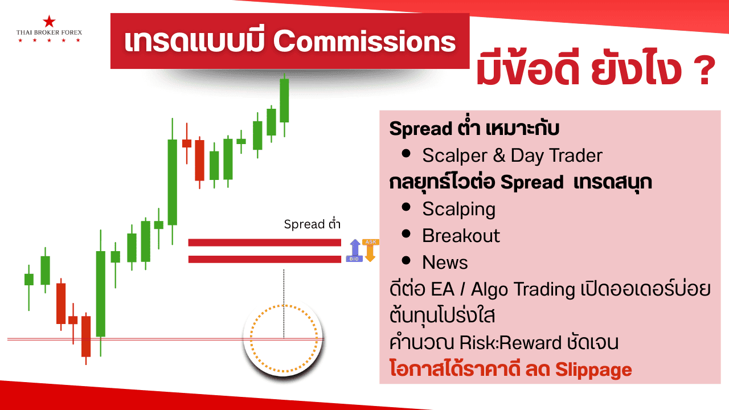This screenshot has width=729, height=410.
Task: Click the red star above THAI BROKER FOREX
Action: (49, 22)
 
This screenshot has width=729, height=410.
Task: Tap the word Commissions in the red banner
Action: (364, 42)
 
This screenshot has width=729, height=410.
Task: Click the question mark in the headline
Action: (703, 70)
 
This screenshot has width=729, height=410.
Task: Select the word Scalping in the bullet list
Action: (459, 209)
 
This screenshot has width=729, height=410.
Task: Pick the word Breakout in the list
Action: (461, 236)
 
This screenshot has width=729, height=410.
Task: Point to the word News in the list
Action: (445, 263)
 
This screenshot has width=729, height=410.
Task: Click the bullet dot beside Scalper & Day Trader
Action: (406, 154)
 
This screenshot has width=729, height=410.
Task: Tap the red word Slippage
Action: (593, 370)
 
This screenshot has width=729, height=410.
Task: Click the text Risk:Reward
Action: (511, 343)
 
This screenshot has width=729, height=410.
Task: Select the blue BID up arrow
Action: (355, 250)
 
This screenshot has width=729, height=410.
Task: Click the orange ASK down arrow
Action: (370, 250)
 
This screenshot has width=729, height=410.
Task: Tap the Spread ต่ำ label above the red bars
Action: (312, 224)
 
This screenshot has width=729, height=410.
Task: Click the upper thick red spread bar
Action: (265, 243)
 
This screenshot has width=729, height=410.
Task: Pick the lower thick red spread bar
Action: (265, 259)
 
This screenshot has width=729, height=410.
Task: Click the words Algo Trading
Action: (523, 290)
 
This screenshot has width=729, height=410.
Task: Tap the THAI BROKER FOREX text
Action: (49, 32)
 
